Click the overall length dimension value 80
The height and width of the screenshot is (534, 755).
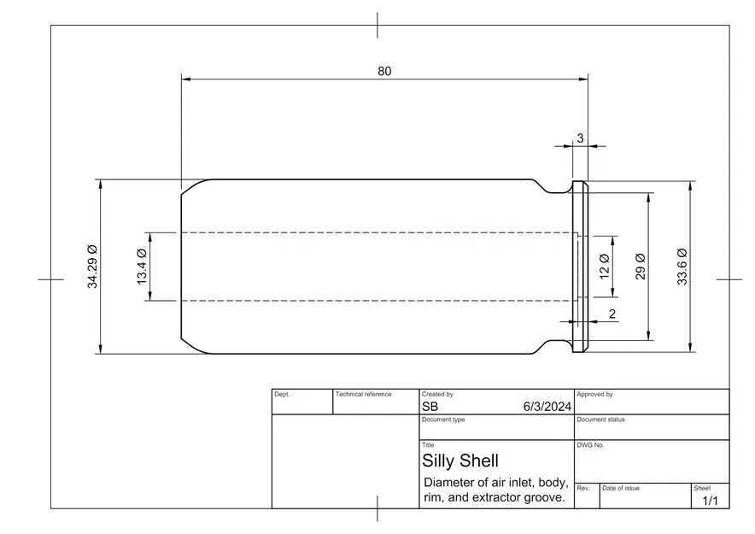(384, 71)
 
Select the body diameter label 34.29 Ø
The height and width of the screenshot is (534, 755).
(92, 267)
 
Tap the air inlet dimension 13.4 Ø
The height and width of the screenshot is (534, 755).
(142, 267)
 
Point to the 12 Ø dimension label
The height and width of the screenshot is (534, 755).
(605, 267)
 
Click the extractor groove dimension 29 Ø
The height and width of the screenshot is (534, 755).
(640, 267)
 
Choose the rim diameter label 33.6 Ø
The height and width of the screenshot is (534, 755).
(682, 267)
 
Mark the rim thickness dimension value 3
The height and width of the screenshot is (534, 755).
(580, 138)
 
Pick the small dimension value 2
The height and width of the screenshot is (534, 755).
(612, 314)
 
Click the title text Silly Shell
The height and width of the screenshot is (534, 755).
(460, 461)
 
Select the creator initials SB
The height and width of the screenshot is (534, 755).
(430, 407)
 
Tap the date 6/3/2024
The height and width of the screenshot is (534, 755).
(547, 407)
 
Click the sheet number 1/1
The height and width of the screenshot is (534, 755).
(711, 501)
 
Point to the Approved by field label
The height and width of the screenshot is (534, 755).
(594, 394)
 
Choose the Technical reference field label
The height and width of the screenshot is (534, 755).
(364, 394)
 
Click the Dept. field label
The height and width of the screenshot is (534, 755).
(282, 394)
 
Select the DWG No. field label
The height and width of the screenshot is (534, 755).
(590, 445)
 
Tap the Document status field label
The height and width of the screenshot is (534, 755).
(600, 420)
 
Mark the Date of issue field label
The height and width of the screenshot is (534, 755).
(621, 488)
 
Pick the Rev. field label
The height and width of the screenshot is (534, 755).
(583, 488)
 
